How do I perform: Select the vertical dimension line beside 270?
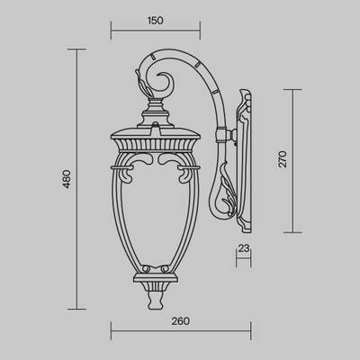click(x=292, y=159)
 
